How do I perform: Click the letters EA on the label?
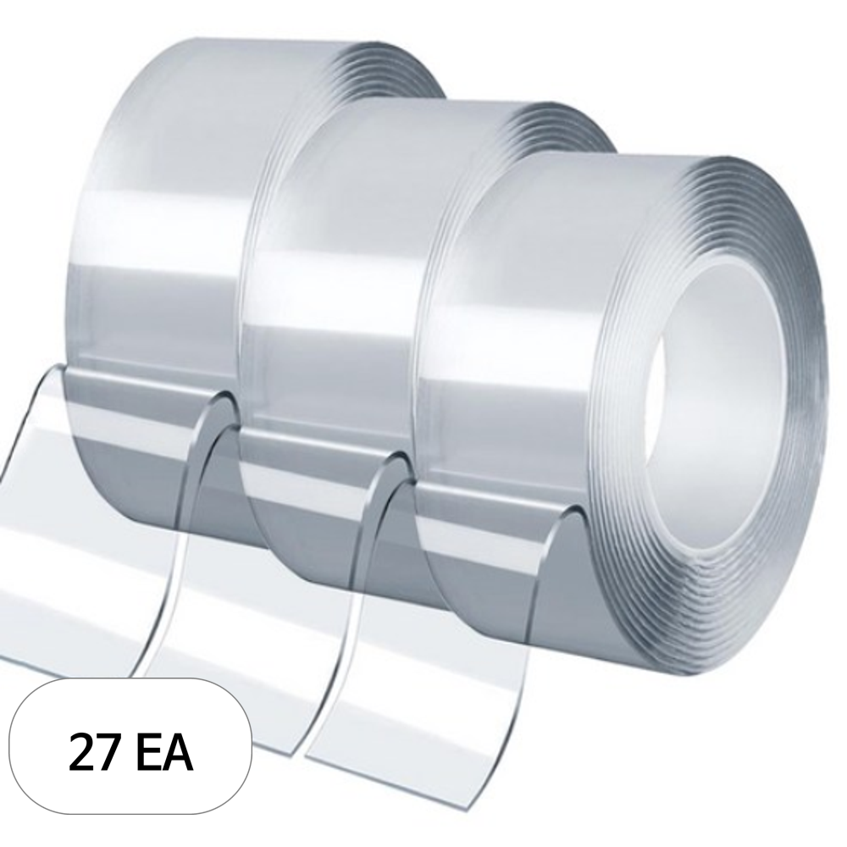point(163,751)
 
